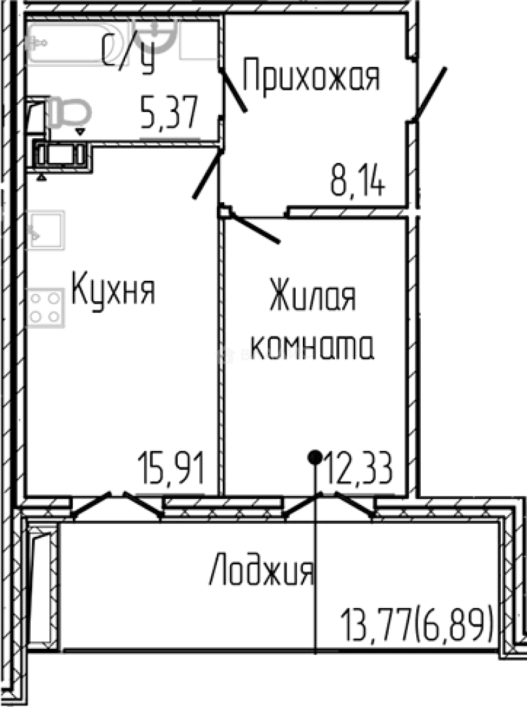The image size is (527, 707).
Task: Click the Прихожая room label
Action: point(311,78)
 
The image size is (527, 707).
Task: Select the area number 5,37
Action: point(169,114)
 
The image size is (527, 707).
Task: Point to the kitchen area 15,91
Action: point(172,469)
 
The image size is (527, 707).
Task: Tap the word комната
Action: point(312,346)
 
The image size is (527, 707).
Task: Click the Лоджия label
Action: point(262,571)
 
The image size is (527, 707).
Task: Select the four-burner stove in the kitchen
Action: point(46,307)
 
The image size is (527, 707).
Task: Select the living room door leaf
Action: point(256,228)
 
